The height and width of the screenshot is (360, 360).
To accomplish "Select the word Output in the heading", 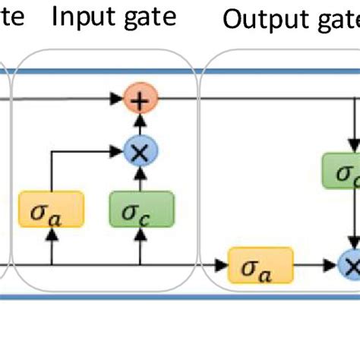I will point(261,20).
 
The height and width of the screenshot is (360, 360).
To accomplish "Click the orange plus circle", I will point(140,99).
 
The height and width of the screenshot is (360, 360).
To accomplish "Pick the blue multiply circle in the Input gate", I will point(140,153).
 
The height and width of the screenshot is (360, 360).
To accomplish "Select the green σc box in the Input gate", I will point(141,207).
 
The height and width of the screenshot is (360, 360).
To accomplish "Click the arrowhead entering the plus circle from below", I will point(140,116).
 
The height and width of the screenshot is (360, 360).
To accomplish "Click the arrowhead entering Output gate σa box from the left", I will point(223,265).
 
